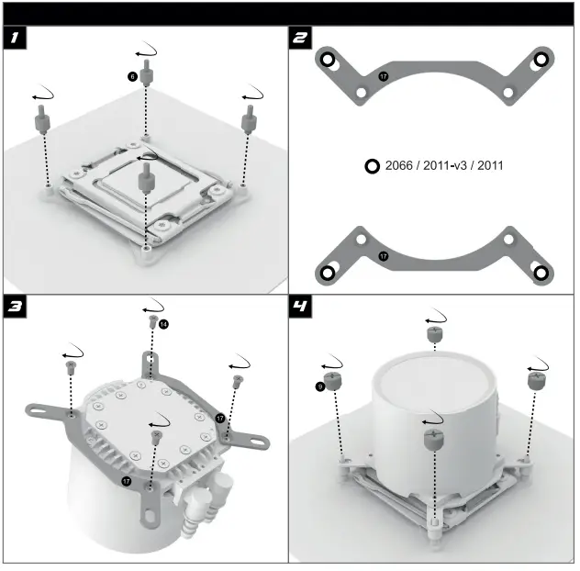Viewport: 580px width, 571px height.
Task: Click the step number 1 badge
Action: [x=14, y=38]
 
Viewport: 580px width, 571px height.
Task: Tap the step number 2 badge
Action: [x=300, y=38]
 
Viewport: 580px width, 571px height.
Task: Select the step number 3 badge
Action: [x=14, y=307]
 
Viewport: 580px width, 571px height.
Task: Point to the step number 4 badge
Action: [x=300, y=307]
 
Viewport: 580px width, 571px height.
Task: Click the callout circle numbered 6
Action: [x=132, y=78]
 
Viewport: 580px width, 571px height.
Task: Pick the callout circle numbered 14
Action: [x=164, y=324]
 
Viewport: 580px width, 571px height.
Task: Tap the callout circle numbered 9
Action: [x=319, y=386]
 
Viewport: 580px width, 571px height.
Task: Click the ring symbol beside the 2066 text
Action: [x=372, y=166]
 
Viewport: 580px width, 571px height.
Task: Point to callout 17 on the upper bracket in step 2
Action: [x=384, y=76]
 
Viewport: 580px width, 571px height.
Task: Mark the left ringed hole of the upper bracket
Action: [x=328, y=60]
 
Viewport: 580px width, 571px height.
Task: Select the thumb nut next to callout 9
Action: [x=333, y=379]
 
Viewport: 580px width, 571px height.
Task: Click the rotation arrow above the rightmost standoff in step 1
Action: [x=251, y=93]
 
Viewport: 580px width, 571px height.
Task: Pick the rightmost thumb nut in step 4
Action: [x=536, y=377]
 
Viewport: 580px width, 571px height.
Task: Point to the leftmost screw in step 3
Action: [x=71, y=367]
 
